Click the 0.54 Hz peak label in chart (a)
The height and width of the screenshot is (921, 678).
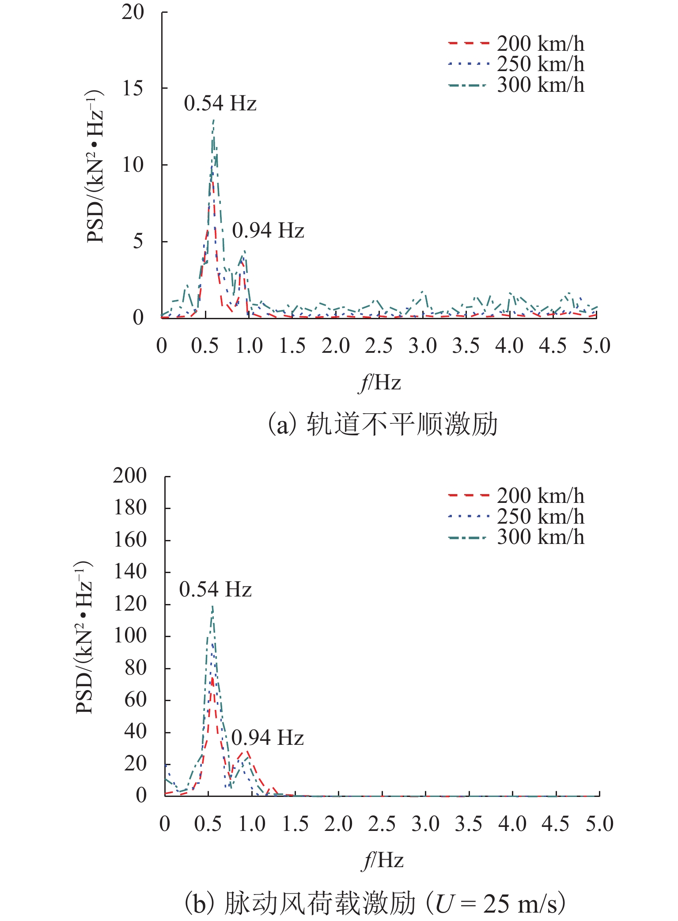(220, 104)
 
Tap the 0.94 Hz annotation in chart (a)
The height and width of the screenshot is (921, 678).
(268, 231)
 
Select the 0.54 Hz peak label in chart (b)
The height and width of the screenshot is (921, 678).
(215, 590)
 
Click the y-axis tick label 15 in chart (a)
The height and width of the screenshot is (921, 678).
(133, 88)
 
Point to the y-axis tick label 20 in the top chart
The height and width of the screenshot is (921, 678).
(133, 12)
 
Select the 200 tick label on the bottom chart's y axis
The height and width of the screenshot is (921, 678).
(129, 476)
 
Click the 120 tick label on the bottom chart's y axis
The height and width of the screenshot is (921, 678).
(129, 604)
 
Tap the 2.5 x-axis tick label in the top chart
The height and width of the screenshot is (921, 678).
(379, 346)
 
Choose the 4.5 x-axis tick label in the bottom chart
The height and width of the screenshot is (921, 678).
(556, 824)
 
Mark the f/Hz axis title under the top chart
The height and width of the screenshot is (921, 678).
(379, 382)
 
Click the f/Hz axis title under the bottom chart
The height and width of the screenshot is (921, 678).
(383, 860)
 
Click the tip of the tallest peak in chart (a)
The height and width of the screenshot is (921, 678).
(213, 119)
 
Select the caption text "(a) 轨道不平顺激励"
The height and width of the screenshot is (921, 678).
(383, 424)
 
